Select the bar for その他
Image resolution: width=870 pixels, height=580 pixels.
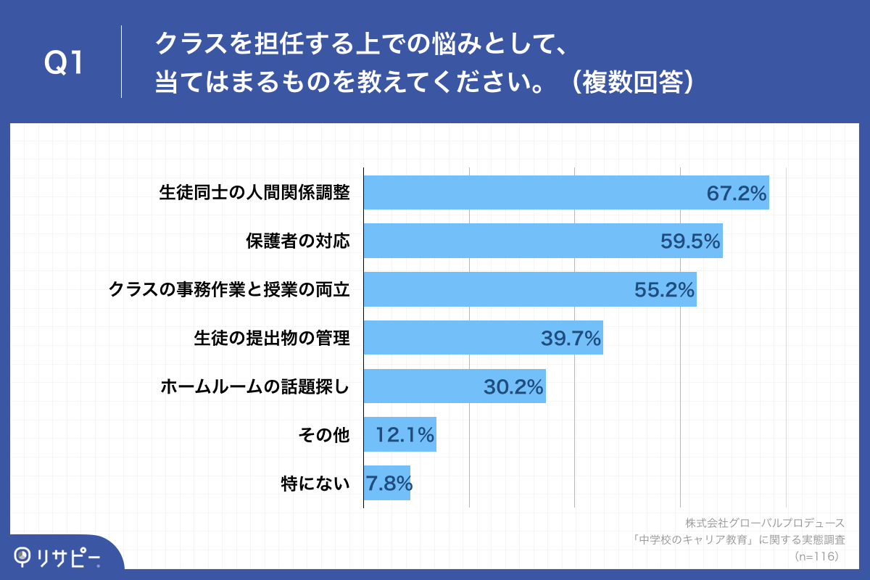pos(399,434)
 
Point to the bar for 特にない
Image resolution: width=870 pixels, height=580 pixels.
pos(386,483)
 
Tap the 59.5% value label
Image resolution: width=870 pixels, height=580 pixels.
pos(690,241)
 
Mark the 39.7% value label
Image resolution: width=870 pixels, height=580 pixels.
pos(571,338)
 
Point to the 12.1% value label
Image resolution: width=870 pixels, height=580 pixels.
pos(405,435)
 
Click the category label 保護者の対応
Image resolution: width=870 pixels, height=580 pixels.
pos(297,241)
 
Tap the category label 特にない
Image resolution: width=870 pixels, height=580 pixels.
pos(315,483)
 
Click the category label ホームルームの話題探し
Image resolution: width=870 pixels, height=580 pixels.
pos(255,386)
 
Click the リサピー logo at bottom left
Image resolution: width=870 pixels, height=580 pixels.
pos(58,557)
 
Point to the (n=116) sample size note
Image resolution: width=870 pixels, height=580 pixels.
pos(816,556)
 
